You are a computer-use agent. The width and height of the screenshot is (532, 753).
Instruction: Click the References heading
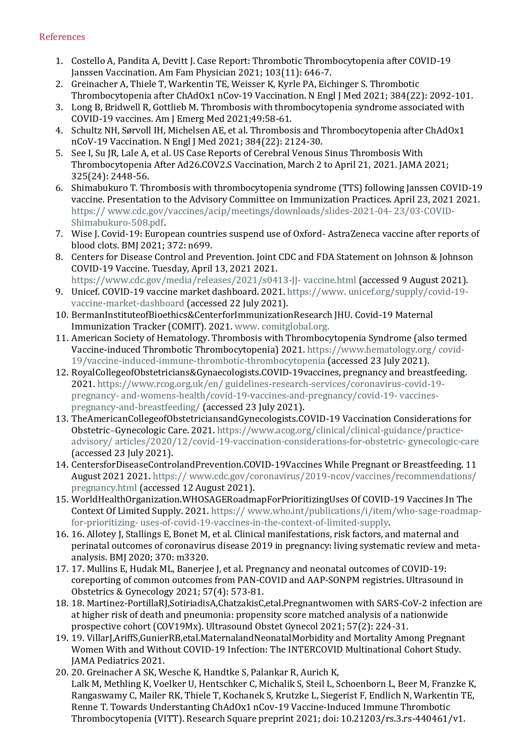point(62,37)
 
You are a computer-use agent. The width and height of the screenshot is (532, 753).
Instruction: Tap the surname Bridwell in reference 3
point(118,107)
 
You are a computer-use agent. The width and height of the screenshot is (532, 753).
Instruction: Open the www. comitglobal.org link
point(282,327)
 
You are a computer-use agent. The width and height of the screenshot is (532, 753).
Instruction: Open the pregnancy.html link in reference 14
point(104,488)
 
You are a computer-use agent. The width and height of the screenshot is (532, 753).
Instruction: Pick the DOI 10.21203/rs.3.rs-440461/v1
point(402,719)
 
